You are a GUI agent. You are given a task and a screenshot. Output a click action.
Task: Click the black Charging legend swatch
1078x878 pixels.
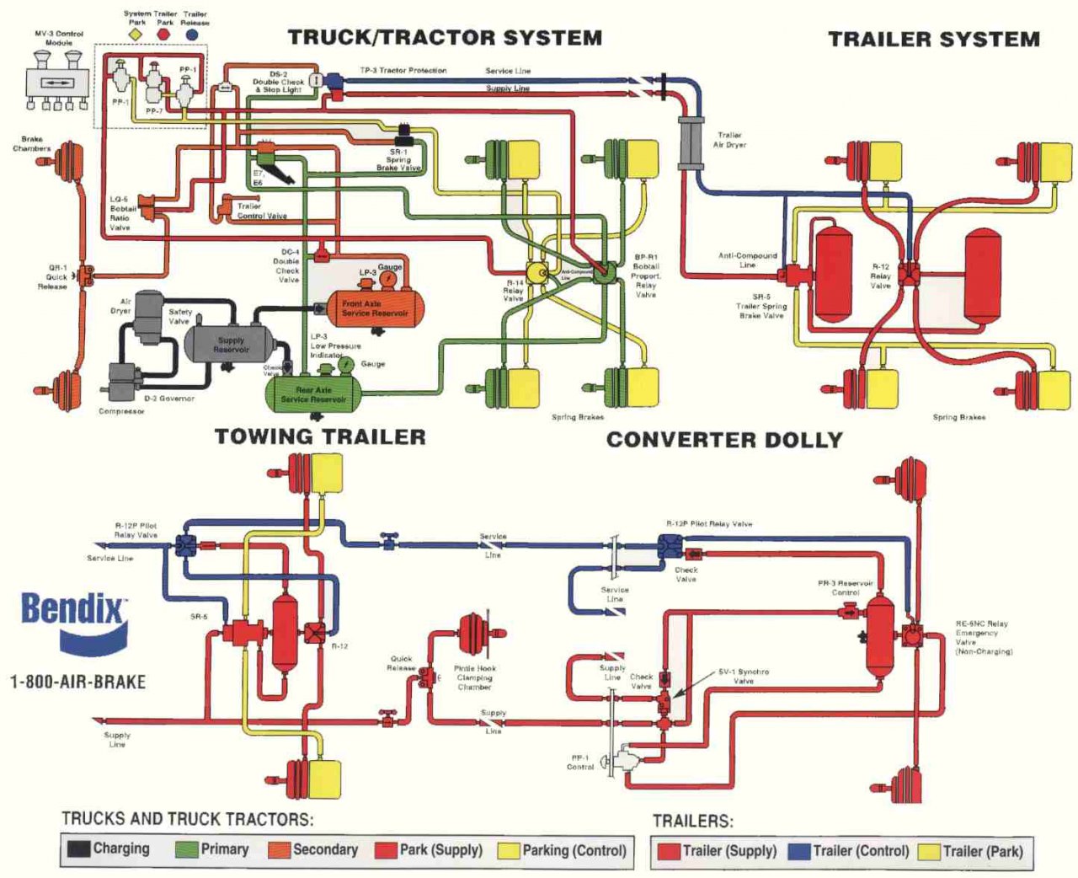[78, 849]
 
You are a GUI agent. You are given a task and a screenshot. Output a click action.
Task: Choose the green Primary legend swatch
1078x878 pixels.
[186, 849]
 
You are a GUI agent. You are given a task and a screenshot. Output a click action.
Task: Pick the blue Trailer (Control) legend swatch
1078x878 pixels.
[798, 851]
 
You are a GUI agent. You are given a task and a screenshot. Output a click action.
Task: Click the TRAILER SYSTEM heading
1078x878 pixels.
[934, 40]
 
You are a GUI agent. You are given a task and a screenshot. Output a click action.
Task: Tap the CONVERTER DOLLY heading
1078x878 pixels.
[724, 440]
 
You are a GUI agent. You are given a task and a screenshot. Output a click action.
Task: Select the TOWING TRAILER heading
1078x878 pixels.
[320, 436]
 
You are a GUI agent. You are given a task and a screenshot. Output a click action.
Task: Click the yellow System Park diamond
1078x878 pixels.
[137, 35]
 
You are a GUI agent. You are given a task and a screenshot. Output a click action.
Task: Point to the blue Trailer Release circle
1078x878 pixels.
[193, 35]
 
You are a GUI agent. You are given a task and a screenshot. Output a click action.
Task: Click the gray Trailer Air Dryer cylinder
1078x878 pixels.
[691, 143]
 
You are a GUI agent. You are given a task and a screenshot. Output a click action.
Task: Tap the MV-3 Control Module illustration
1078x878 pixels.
[56, 81]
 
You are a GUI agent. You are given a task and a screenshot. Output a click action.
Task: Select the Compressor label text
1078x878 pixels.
[121, 411]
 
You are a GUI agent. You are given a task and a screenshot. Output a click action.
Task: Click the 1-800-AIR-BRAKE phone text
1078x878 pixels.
[77, 682]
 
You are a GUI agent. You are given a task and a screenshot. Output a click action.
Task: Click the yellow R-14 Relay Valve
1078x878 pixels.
[536, 271]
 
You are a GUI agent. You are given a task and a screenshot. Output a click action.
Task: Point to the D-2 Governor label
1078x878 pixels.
[169, 399]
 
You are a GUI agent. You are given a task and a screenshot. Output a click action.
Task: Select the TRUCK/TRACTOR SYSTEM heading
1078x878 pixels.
[445, 38]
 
